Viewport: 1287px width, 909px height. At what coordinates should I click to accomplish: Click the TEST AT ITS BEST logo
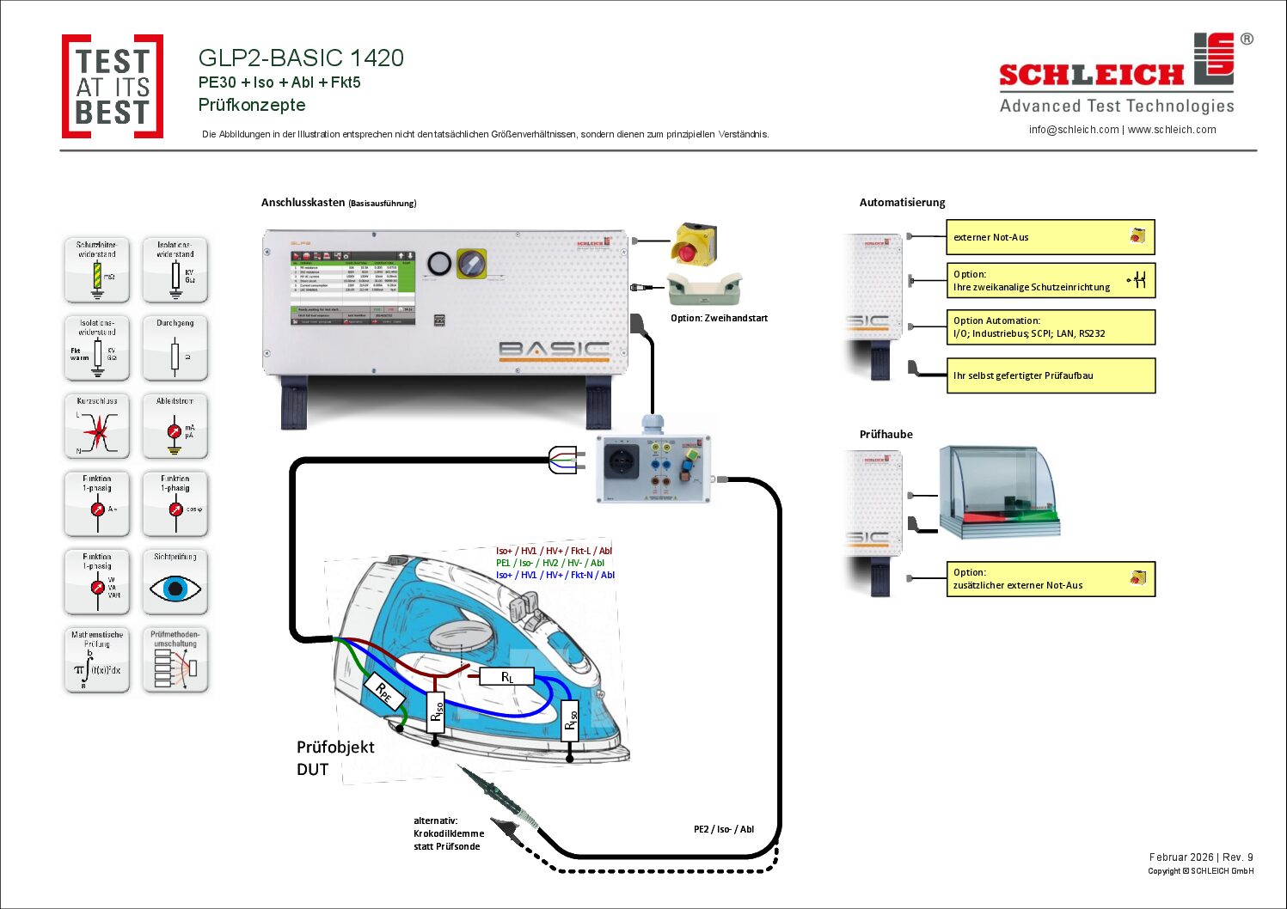pos(113,86)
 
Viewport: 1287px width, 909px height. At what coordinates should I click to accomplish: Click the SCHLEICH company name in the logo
pos(1091,76)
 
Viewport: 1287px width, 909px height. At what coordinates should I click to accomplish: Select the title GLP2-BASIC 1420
pos(301,58)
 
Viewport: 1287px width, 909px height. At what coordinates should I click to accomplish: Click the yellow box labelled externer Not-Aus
pos(1050,237)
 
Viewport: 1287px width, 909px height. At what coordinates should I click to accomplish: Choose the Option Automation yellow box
pos(1050,327)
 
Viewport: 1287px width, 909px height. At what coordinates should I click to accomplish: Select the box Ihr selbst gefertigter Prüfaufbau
pos(1050,375)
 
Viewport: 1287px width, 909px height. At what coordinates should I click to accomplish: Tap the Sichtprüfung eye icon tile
pos(175,582)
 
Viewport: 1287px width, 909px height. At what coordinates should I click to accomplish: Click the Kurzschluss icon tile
pos(97,425)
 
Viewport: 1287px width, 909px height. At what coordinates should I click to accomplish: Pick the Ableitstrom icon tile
pos(175,425)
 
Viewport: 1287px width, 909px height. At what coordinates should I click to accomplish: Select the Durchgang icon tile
pos(175,348)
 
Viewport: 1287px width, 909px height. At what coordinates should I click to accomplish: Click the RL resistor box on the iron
pos(507,677)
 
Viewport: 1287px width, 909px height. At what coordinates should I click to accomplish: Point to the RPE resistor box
pos(383,692)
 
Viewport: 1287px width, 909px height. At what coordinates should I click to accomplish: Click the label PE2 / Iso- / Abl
pos(724,829)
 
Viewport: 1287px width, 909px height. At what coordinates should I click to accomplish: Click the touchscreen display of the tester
pos(353,287)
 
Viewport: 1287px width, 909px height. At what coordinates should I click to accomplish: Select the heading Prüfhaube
pos(886,434)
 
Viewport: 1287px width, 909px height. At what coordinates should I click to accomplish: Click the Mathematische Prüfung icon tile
pos(97,660)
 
